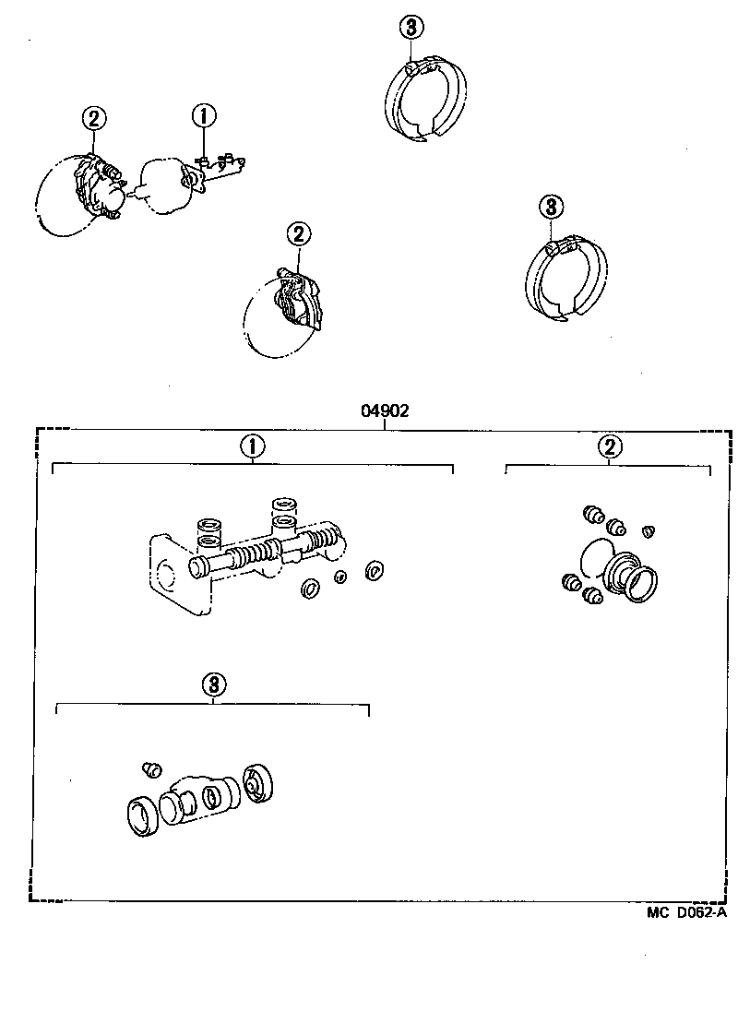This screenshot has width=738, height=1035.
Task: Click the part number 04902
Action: point(385,412)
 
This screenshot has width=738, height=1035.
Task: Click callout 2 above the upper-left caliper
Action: point(94,118)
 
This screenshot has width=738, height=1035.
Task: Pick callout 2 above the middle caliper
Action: point(298,234)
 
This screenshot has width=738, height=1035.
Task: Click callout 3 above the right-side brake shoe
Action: point(550,206)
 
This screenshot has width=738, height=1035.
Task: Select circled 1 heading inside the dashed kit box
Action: point(252,447)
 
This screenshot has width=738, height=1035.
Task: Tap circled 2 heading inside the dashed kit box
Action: point(609,447)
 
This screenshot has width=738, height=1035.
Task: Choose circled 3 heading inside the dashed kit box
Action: point(213,684)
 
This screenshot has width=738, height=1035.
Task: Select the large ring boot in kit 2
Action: point(637,578)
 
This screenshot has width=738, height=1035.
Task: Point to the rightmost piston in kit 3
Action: point(258,783)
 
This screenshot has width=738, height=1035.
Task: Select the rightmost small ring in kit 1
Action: point(375,570)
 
